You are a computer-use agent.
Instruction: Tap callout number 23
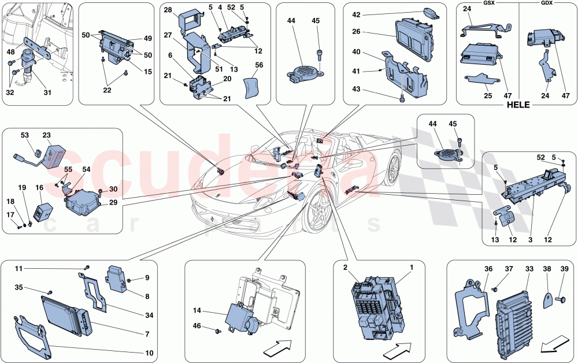(47, 135)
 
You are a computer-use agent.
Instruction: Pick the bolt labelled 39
(562, 300)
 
